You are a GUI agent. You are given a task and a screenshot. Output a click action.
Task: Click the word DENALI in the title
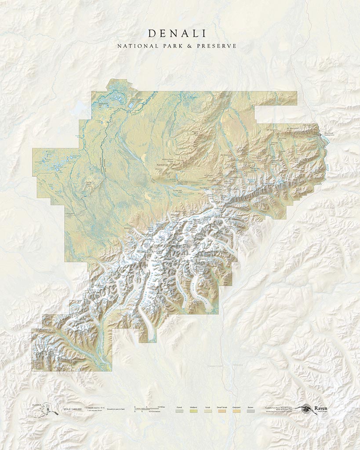[x=177, y=33]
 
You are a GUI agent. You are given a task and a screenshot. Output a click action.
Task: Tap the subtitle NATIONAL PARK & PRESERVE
[x=177, y=46]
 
